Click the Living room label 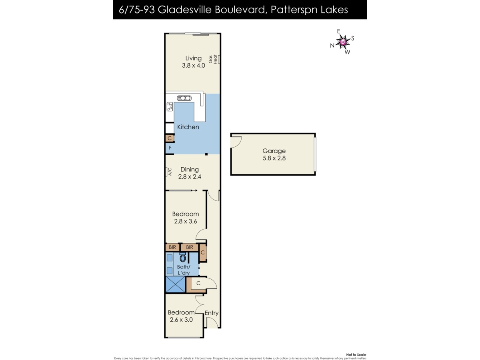click(193, 58)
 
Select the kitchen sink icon click(184, 98)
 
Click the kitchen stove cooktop click(170, 107)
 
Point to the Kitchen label click(188, 127)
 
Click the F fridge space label click(170, 148)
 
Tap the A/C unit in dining click(168, 172)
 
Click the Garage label click(274, 151)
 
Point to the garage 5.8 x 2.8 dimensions click(274, 158)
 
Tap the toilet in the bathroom click(183, 258)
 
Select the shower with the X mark click(176, 284)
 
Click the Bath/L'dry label click(184, 270)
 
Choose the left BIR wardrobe click(172, 247)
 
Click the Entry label click(212, 313)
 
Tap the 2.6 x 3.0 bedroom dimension click(181, 320)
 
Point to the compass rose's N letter click(332, 46)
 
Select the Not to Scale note click(356, 355)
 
